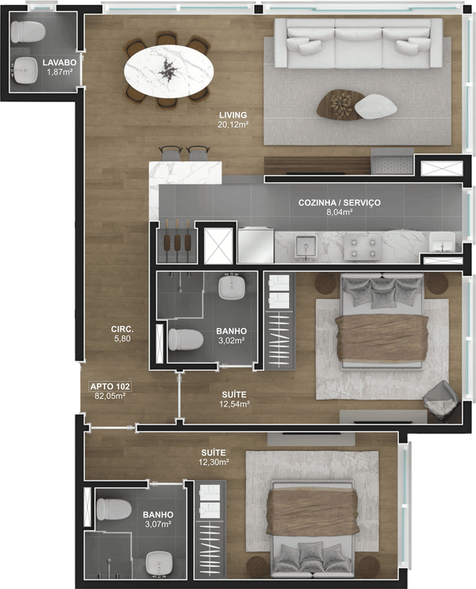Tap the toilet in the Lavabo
coord(27,31)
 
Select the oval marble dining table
coord(169,71)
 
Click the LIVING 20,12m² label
coord(233,119)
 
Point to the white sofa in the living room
coord(358,43)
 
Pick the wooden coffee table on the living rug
coord(340,104)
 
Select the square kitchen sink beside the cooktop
coord(306,248)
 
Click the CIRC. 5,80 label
coord(122,334)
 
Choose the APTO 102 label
coord(110,386)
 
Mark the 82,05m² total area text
coord(110,396)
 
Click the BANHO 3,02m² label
coord(232,336)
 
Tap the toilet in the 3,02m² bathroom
coord(185,339)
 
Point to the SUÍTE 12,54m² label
coord(234,399)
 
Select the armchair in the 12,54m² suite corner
coord(441,401)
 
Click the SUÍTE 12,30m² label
coord(214,457)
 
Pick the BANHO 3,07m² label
coord(158,519)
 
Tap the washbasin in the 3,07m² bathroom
coord(159,563)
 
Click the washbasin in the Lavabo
coord(26,70)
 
